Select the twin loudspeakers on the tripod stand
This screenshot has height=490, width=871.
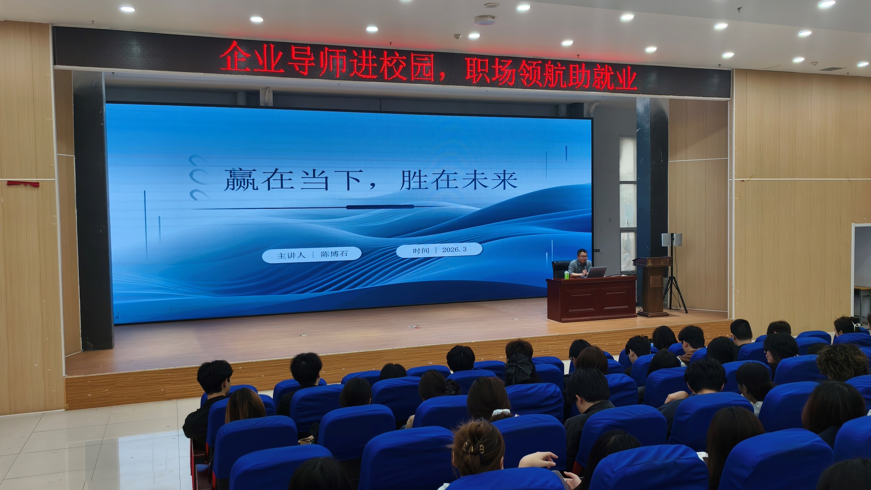[x=672, y=239]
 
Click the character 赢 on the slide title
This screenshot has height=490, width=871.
[x=241, y=180]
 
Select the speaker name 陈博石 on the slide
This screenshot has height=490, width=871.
[x=334, y=254]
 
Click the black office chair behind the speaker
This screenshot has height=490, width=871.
[x=560, y=269]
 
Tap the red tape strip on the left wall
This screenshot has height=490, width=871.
[x=23, y=184]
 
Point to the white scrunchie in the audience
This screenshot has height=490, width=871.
[x=500, y=412]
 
